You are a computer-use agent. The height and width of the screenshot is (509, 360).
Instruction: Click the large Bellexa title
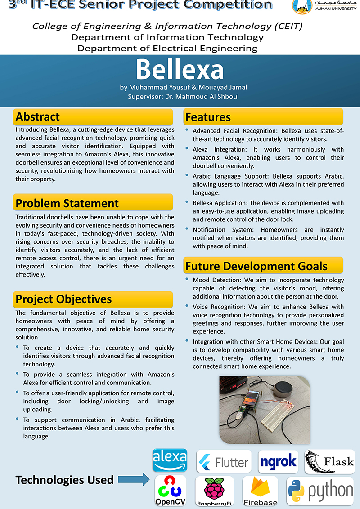(x=180, y=69)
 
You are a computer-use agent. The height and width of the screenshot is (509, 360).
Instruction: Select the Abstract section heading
(x=38, y=117)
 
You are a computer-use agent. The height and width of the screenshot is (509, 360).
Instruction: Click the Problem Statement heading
(x=67, y=203)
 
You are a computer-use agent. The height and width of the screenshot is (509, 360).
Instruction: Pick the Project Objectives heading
(x=63, y=299)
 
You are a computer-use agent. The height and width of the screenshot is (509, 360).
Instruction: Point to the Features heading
(x=208, y=117)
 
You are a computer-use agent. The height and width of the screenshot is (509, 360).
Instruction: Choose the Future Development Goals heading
(x=256, y=266)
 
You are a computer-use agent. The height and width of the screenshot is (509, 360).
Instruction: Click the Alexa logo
(x=170, y=460)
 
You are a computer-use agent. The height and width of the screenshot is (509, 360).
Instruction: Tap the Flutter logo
(x=224, y=462)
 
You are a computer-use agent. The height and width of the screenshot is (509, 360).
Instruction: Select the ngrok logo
(x=278, y=461)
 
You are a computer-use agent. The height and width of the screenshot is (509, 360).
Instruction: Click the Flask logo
(x=329, y=461)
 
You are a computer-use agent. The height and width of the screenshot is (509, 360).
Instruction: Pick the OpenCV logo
(x=171, y=491)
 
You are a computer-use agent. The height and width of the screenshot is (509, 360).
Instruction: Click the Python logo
(x=320, y=491)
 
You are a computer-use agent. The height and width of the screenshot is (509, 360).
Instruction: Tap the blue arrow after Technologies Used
(x=134, y=480)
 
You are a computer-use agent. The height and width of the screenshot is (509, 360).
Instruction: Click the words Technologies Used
(x=64, y=480)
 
